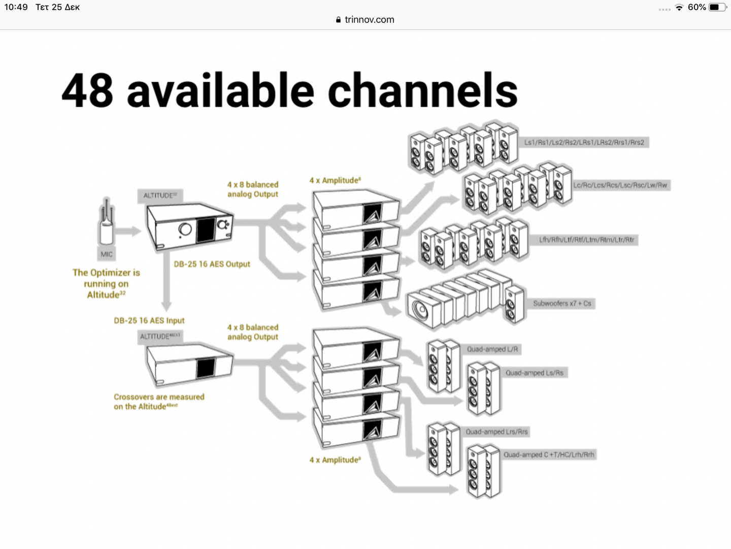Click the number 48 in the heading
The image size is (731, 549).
point(87,90)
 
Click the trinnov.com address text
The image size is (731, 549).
point(369,20)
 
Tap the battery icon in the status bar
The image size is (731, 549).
point(716,7)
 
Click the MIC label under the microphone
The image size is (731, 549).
point(107,254)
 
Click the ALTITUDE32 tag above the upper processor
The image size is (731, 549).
point(160,196)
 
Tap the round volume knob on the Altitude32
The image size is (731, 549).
point(185,230)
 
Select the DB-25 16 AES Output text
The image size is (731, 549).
point(212,264)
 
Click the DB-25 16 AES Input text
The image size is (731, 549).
point(149,321)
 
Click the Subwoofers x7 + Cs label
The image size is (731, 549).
point(562,303)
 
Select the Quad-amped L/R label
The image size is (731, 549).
point(492,349)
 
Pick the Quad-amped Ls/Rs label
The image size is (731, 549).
point(534,373)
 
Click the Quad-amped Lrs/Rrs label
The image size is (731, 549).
point(496,432)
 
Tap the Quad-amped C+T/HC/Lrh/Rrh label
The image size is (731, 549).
point(548,454)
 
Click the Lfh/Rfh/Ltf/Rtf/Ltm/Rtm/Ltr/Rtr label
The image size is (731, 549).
point(586,239)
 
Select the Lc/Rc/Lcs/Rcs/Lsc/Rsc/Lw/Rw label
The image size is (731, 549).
point(620,185)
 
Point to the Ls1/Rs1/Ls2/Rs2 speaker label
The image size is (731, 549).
point(584,142)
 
